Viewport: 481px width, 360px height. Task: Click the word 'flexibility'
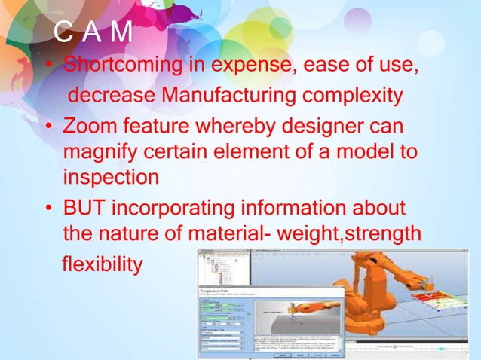coord(101,265)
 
